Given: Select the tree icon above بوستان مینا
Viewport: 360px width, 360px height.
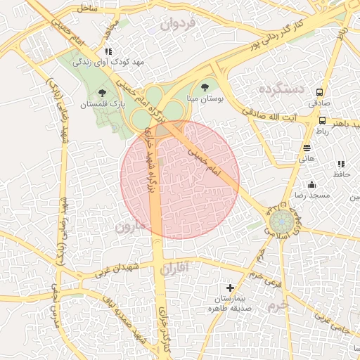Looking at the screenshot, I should [x=205, y=88].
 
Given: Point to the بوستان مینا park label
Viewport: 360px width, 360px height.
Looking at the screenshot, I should [x=204, y=100].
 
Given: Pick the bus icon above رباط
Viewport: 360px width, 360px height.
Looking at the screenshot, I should [x=322, y=120].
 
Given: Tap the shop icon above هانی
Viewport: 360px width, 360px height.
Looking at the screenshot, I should [x=307, y=148].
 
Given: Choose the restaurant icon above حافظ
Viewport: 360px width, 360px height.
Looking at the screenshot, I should [x=341, y=164].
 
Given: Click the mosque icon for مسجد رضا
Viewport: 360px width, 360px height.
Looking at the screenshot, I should [x=312, y=184].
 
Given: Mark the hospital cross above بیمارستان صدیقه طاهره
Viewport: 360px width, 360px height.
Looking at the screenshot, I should [x=231, y=288].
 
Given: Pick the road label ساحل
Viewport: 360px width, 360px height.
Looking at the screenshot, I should [x=87, y=8].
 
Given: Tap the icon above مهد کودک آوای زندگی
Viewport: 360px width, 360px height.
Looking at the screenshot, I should [x=108, y=51].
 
